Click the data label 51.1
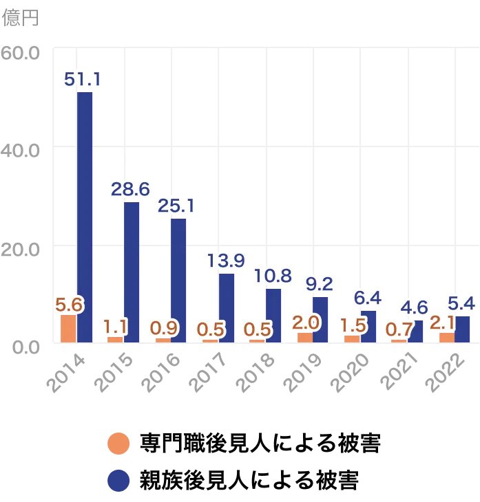[x=83, y=80]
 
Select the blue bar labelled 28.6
[x=132, y=272]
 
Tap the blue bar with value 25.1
[x=179, y=280]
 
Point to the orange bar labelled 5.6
[x=68, y=329]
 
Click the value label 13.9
[x=225, y=260]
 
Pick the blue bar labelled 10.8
[x=274, y=315]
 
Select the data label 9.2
[x=319, y=283]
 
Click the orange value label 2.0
[x=306, y=321]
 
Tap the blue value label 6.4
[x=367, y=298]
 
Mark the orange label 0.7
[x=399, y=329]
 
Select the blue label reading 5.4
[x=461, y=303]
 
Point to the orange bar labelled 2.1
[x=446, y=337]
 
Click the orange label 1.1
[x=115, y=325]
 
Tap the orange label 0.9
[x=163, y=327]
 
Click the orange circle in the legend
[x=118, y=443]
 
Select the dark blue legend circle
[x=118, y=481]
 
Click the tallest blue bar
[x=85, y=217]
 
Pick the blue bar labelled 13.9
[x=227, y=307]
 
